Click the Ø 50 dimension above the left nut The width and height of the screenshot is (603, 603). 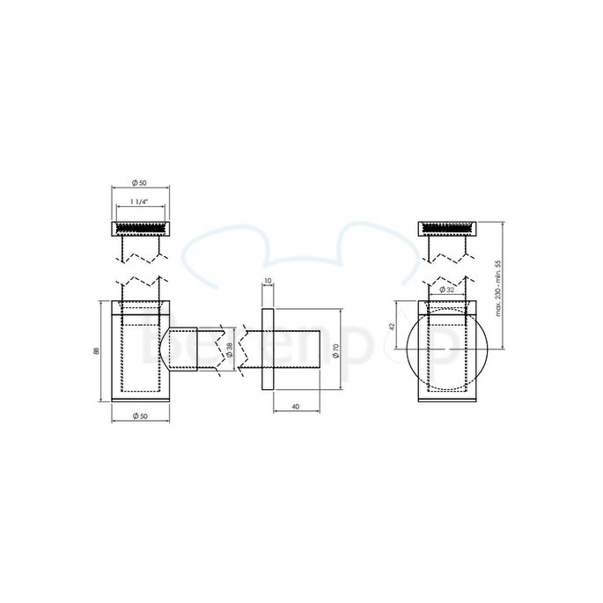(x=138, y=182)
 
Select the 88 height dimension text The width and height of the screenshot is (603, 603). (x=97, y=351)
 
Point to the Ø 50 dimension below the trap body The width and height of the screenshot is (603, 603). (x=138, y=415)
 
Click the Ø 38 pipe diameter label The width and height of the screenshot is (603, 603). (x=230, y=349)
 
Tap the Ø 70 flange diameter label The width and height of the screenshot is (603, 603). (x=336, y=349)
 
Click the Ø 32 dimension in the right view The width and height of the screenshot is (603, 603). (x=446, y=290)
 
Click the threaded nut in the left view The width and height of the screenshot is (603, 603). (x=139, y=229)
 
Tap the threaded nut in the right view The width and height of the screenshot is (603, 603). (x=446, y=229)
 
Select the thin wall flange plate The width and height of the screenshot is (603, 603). (x=268, y=349)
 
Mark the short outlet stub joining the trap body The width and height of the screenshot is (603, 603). (x=182, y=349)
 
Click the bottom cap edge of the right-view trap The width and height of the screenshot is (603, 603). (x=446, y=398)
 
